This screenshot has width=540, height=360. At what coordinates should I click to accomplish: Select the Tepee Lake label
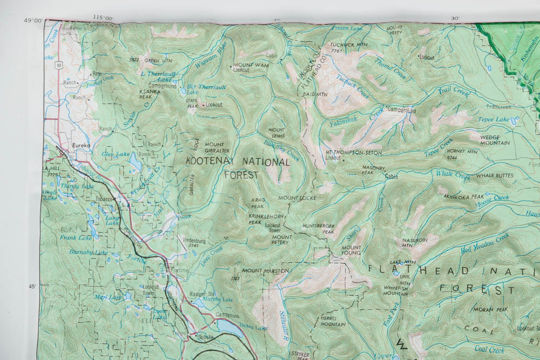(493, 119)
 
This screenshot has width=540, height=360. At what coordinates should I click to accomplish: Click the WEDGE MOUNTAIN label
(495, 140)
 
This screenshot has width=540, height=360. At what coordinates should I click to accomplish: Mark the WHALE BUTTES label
(494, 176)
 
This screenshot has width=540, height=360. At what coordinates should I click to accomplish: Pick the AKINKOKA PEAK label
(463, 197)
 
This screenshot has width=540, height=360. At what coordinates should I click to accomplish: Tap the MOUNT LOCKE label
(296, 198)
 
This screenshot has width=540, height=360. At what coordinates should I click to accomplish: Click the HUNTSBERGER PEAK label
(319, 229)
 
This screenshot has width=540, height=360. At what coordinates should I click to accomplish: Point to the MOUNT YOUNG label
(351, 251)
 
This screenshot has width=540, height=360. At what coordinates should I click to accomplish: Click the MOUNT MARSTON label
(265, 270)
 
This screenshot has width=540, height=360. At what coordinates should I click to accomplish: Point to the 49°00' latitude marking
(33, 21)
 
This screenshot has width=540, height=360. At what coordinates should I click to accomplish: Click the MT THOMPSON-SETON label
(353, 153)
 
